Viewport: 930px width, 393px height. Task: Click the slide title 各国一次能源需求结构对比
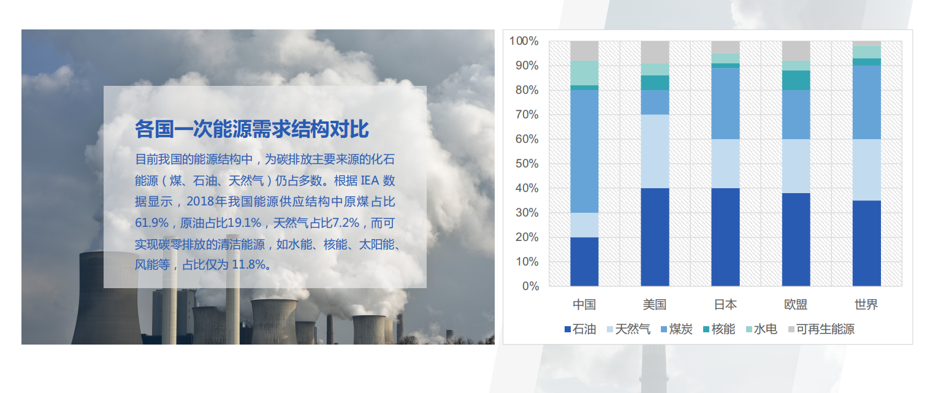pos(251,129)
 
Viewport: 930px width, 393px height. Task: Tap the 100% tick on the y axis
pos(524,40)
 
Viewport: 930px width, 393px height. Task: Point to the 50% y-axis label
pos(527,163)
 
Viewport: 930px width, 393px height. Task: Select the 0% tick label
pos(530,286)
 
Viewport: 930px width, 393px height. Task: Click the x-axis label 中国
pos(584,305)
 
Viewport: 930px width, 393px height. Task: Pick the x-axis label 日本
pos(725,305)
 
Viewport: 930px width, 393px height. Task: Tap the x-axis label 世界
pos(866,305)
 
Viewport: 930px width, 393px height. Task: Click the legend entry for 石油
pos(580,329)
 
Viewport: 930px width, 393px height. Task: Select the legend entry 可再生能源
pos(821,329)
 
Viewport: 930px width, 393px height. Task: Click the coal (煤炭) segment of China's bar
pos(584,151)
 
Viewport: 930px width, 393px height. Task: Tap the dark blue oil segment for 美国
pos(655,237)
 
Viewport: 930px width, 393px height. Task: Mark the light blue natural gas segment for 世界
pos(866,169)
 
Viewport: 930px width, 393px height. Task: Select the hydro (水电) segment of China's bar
pos(584,73)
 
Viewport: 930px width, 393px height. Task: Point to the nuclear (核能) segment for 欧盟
pos(796,80)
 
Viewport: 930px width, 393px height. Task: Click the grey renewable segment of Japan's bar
pos(725,47)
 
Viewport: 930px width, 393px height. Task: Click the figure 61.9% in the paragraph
pos(151,223)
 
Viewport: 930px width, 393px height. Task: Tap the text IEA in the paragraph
pos(370,181)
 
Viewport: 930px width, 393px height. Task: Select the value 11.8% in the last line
pos(248,265)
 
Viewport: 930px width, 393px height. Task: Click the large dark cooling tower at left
pos(107,299)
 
